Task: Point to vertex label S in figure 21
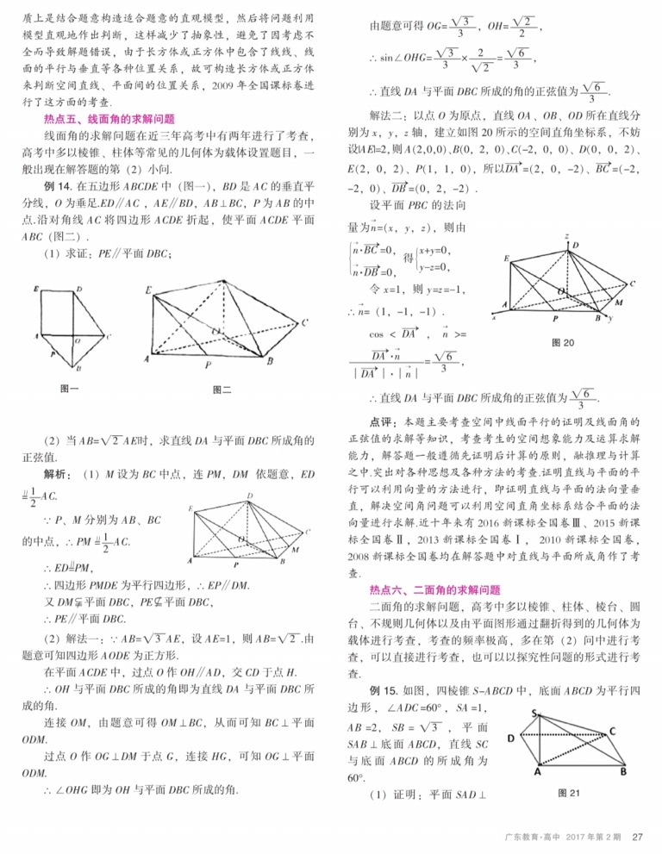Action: point(534,713)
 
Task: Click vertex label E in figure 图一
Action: point(34,288)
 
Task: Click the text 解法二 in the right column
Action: point(381,113)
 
